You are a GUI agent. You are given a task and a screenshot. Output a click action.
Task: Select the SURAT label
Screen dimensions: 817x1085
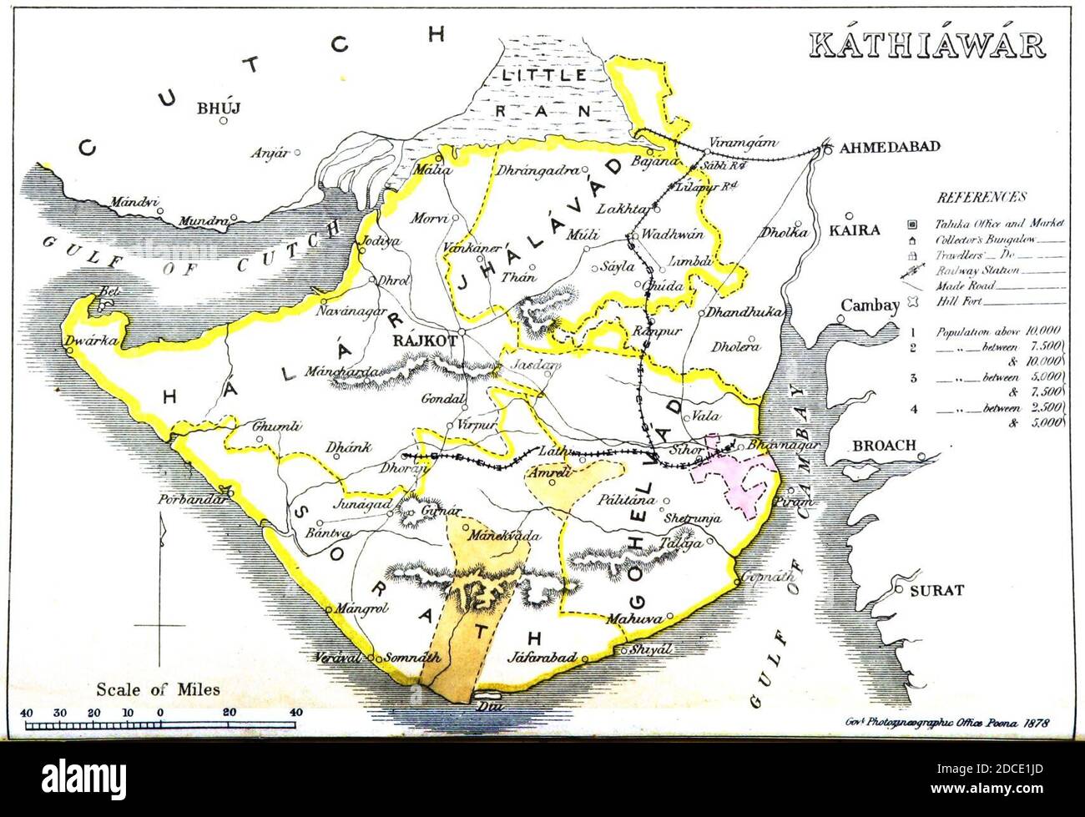(x=936, y=591)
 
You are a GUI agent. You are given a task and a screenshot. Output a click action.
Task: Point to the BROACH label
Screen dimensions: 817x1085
(x=884, y=446)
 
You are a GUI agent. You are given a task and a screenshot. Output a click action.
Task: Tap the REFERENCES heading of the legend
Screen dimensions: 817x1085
(x=981, y=198)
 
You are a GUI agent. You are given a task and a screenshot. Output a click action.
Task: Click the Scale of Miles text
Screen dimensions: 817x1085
(x=158, y=689)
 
